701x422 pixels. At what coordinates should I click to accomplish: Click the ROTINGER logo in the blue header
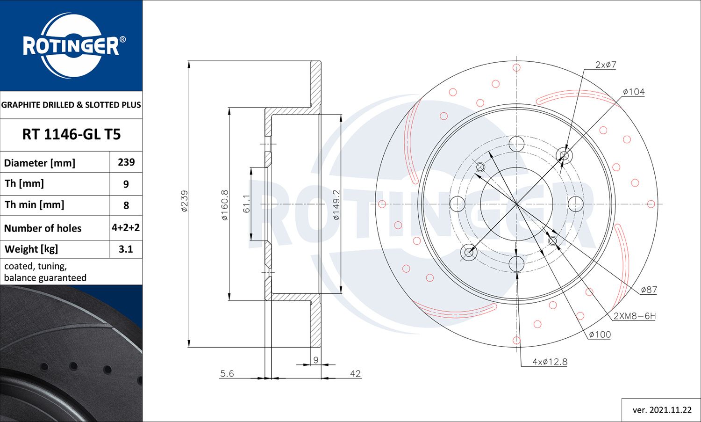point(72,46)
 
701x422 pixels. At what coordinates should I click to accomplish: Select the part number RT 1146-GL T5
point(72,135)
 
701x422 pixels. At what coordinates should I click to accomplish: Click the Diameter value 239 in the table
point(126,162)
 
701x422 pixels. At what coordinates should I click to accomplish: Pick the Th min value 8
point(126,205)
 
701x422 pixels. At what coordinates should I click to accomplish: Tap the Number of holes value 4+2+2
point(126,228)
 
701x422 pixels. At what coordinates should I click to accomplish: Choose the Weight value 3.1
point(126,249)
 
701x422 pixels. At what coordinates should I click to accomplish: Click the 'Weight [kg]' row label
point(31,249)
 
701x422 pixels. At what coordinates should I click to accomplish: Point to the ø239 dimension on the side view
point(184,201)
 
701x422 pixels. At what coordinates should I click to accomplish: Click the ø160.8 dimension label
point(224,205)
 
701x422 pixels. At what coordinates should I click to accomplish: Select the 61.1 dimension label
point(246,204)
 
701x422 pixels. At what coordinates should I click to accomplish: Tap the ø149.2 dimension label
point(336,205)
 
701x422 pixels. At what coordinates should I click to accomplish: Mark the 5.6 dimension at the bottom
point(227,373)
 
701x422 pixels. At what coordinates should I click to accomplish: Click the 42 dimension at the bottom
point(355,373)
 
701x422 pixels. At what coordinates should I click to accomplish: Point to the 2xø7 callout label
point(606,65)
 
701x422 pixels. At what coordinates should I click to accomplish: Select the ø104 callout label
point(634,92)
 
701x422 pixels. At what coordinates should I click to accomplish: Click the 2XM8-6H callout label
point(634,316)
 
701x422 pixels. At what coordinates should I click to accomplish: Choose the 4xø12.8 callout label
point(550,362)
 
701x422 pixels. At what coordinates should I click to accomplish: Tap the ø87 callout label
point(649,290)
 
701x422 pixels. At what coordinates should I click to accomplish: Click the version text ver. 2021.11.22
point(662,410)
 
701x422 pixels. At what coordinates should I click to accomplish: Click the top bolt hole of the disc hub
point(516,144)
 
